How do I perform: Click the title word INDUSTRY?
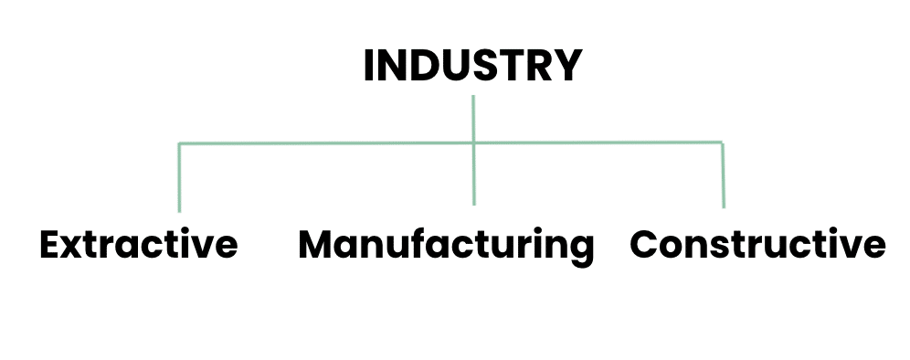coord(472,66)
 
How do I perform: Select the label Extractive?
coord(139,245)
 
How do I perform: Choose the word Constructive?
coord(757,245)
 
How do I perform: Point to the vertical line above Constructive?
coord(723,175)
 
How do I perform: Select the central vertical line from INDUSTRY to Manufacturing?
coord(473,174)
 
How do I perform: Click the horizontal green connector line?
coord(320,143)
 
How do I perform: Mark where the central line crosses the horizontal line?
coord(473,143)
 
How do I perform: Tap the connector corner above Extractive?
coord(179,144)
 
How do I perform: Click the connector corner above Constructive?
coord(723,143)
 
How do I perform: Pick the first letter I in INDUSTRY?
coord(369,66)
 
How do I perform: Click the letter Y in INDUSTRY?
coord(567,66)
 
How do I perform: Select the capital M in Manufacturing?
coord(317,245)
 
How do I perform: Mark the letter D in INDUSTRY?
coord(427,66)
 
